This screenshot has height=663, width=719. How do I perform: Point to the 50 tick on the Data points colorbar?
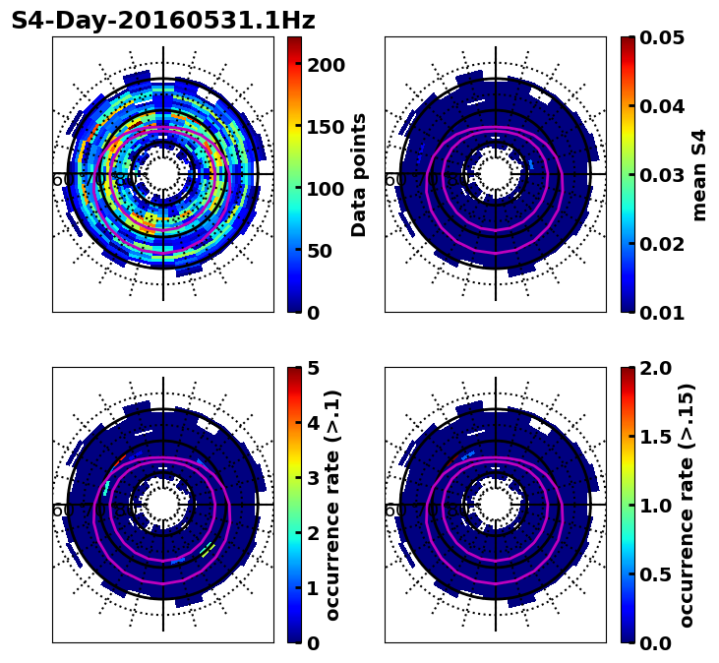click(x=326, y=251)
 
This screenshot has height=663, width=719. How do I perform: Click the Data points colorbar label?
click(x=359, y=174)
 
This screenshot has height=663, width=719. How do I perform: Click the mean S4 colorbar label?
click(x=699, y=174)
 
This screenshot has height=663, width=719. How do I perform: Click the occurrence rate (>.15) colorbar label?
click(x=687, y=505)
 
